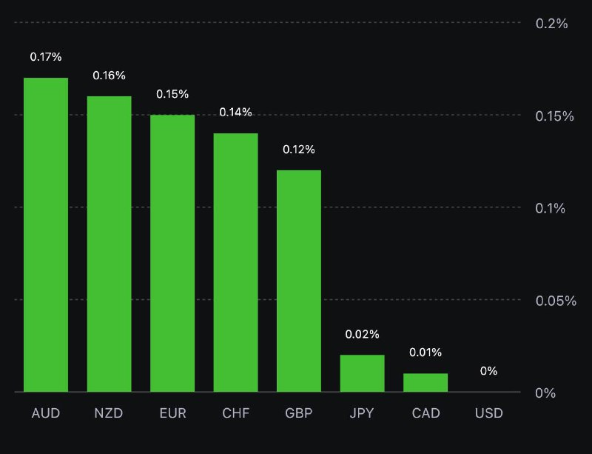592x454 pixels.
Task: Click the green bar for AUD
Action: (x=46, y=234)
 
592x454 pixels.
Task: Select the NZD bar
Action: (x=110, y=244)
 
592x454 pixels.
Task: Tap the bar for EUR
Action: (x=172, y=253)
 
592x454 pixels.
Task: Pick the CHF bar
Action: (x=236, y=262)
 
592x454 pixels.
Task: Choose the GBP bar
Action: (x=299, y=281)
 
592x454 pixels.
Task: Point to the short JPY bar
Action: (x=363, y=373)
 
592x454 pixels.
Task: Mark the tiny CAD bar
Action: (x=425, y=382)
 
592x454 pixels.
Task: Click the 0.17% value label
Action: (x=46, y=56)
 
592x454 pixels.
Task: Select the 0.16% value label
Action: (x=110, y=76)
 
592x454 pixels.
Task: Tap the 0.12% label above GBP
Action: (x=299, y=150)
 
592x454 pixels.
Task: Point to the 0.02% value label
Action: (x=363, y=335)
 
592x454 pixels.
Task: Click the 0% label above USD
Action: (x=488, y=371)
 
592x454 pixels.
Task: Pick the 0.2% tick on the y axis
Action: (x=551, y=23)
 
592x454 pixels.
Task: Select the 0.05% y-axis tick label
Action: (x=556, y=301)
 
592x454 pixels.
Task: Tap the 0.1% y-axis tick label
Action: (x=551, y=208)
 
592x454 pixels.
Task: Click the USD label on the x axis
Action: (x=488, y=413)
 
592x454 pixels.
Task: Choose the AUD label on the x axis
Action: (x=46, y=413)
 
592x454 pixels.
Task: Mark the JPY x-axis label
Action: (x=363, y=413)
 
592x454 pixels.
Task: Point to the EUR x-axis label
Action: (x=172, y=413)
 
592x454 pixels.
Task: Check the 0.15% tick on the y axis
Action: (x=556, y=116)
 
